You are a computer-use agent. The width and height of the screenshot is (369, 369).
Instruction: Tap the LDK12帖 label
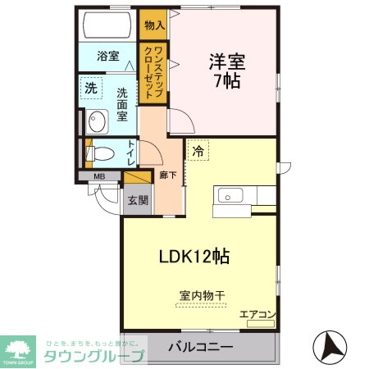click(x=194, y=256)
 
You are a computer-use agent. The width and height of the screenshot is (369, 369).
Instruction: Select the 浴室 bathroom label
click(x=107, y=57)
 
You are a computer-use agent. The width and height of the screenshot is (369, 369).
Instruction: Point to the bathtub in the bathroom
click(x=107, y=25)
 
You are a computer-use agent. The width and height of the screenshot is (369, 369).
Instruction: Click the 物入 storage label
click(x=153, y=25)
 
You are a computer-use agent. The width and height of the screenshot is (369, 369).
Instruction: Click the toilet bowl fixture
click(x=101, y=153)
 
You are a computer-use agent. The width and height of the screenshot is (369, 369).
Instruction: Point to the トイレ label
click(x=131, y=154)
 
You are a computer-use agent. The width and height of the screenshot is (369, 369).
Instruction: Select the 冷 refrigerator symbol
click(x=198, y=151)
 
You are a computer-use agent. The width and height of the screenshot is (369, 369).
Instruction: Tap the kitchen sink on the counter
click(x=228, y=197)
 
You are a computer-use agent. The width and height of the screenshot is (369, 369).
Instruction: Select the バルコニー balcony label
click(x=200, y=348)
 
